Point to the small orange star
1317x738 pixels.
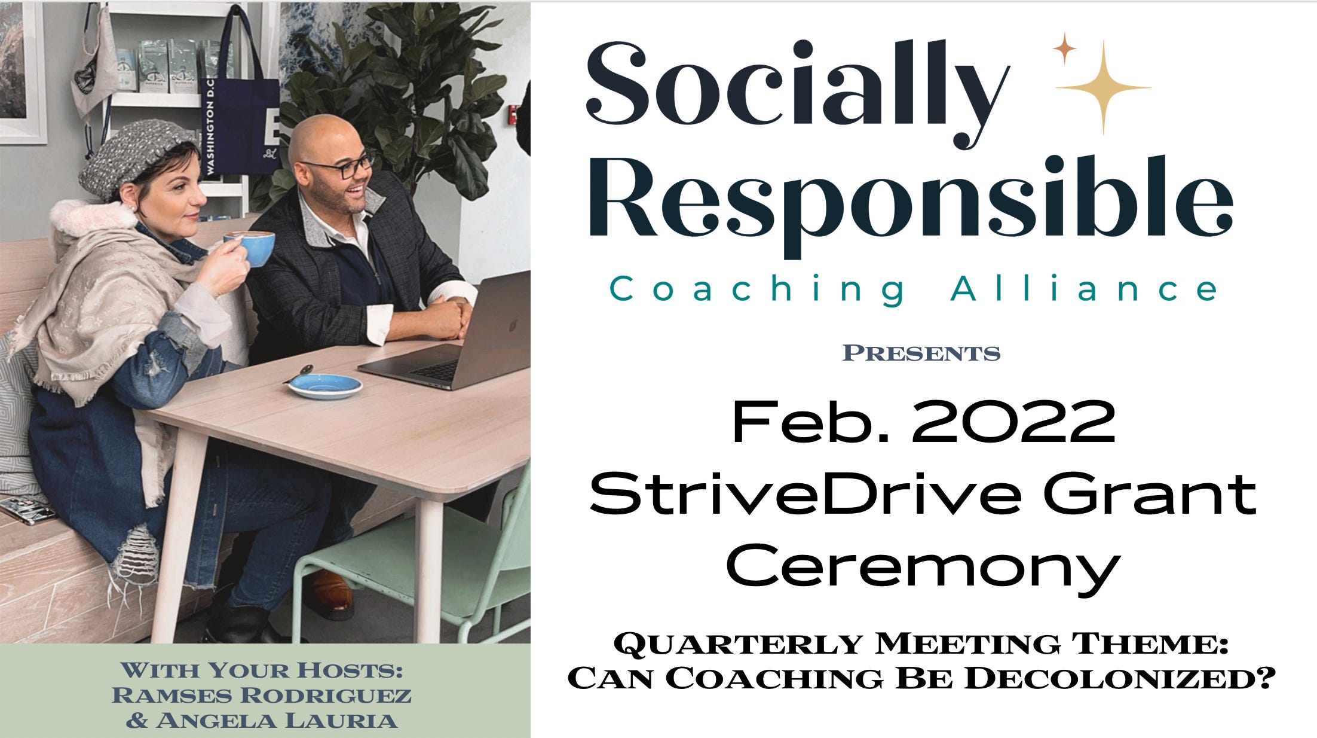pos(1064,48)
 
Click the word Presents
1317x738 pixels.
pos(921,353)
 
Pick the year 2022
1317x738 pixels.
pos(1013,422)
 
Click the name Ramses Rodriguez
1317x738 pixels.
pos(262,696)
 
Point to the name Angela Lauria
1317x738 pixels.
pos(276,721)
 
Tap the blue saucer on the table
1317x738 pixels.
pos(325,385)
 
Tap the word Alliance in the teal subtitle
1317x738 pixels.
pos(1083,289)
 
